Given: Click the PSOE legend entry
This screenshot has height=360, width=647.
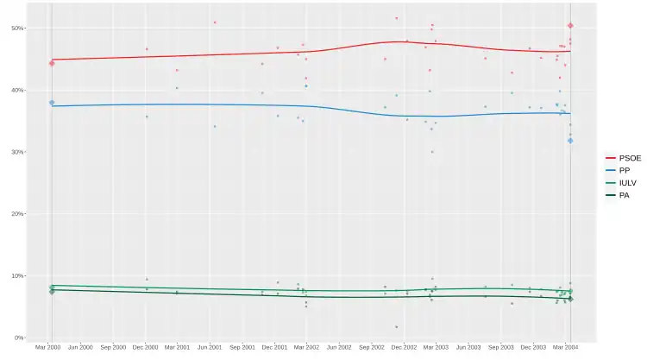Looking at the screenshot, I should pyautogui.click(x=624, y=158).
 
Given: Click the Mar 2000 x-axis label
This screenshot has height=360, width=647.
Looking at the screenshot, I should pyautogui.click(x=48, y=347).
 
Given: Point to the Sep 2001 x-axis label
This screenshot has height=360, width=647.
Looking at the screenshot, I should pyautogui.click(x=242, y=347).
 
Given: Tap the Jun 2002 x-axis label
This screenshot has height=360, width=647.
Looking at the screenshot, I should pyautogui.click(x=339, y=347).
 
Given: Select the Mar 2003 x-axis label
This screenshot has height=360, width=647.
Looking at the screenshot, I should pyautogui.click(x=435, y=347).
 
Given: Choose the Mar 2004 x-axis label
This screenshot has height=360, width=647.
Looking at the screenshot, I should pyautogui.click(x=565, y=347).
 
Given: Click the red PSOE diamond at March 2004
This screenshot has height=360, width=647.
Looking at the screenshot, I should pyautogui.click(x=570, y=26).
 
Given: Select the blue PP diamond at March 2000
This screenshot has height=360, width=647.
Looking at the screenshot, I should pyautogui.click(x=52, y=103).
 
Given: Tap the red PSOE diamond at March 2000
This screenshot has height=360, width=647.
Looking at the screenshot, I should pyautogui.click(x=52, y=63).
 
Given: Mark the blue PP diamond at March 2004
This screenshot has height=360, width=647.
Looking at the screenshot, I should pyautogui.click(x=570, y=141).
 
